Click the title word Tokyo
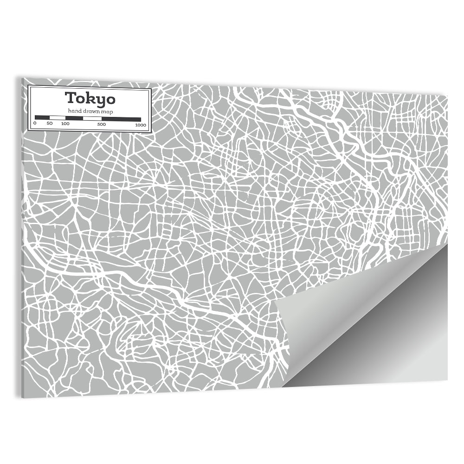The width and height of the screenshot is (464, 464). [90, 98]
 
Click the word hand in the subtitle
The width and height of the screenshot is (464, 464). [74, 111]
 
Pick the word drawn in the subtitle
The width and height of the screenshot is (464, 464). [91, 111]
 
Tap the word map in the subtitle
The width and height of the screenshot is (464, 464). [108, 112]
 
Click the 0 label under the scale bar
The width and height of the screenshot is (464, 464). [35, 124]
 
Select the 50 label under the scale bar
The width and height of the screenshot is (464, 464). [49, 124]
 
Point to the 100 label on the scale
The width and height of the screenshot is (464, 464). [65, 124]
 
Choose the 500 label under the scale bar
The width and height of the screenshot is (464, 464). [102, 124]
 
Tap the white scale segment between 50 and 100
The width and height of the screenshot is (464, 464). [57, 118]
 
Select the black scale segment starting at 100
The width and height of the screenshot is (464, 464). [74, 118]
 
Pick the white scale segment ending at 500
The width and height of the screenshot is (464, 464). [92, 118]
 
